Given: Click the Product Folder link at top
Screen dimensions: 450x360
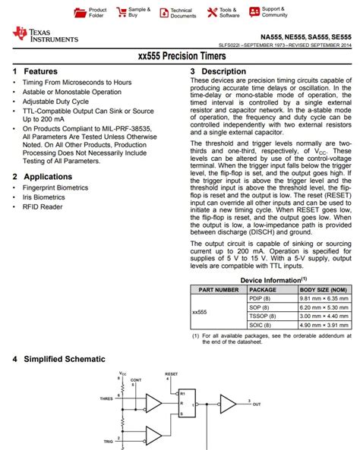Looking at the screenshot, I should [x=92, y=12].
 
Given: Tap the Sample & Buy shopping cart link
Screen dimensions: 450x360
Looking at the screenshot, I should [x=134, y=12].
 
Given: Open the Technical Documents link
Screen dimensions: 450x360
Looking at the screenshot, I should [x=176, y=12].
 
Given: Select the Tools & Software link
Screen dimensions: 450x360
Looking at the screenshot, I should [x=225, y=12].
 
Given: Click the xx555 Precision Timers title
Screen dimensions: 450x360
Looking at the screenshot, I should [x=180, y=55].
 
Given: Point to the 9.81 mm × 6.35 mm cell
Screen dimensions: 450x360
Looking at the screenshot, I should [x=324, y=298].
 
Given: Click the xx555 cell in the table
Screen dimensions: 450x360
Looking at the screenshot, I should [x=200, y=311].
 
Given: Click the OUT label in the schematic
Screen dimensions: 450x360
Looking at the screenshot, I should [x=256, y=404].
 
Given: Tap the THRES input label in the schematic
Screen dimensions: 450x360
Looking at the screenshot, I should [x=105, y=398].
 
